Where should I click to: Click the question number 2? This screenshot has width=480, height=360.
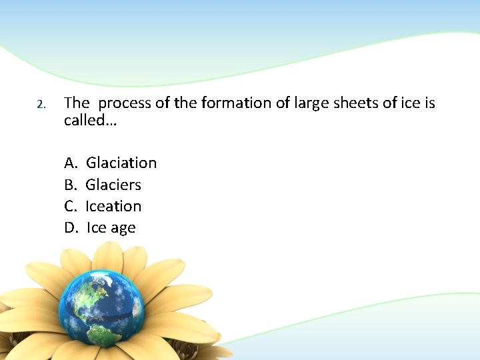click(x=40, y=105)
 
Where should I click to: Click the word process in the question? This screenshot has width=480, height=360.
click(x=127, y=103)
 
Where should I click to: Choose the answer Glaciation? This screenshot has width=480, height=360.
click(x=121, y=163)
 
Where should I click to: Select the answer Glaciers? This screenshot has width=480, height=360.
click(x=113, y=185)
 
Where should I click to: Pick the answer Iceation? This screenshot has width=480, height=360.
click(x=113, y=206)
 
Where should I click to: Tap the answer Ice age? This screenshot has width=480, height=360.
click(x=111, y=228)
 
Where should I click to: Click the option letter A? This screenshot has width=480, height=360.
click(x=71, y=163)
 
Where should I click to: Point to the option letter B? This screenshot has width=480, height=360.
click(x=71, y=185)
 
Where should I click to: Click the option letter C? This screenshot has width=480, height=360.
click(x=71, y=206)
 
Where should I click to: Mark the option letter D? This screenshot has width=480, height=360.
click(x=71, y=228)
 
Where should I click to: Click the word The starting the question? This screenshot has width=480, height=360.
click(x=76, y=103)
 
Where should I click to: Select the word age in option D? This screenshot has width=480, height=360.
click(x=123, y=229)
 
